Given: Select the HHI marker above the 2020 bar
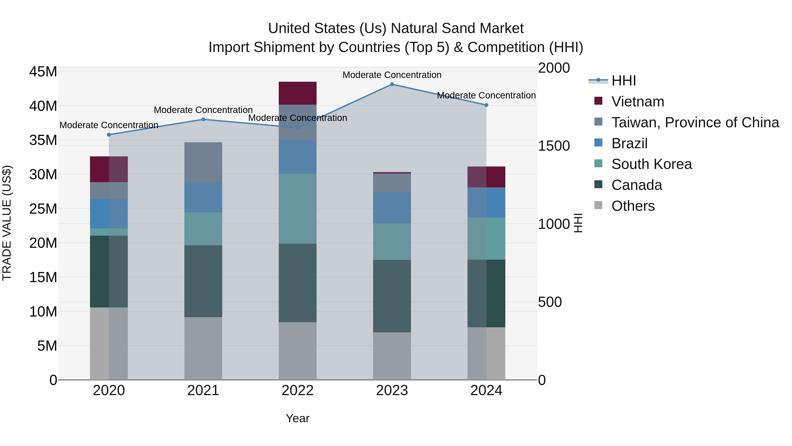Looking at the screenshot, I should coord(109,135).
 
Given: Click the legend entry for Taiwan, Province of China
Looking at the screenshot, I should coord(695,122).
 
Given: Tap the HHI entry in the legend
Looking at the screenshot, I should coord(623,81).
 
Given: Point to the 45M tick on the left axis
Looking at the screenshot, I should coord(43,72).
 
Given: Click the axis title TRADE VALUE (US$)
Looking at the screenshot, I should coord(7,223).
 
